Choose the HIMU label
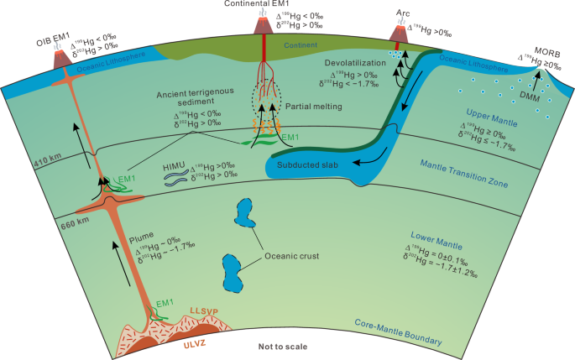[175, 166]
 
